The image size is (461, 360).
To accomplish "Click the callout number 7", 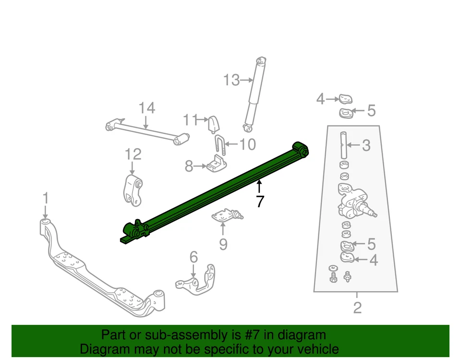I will pos(260,202).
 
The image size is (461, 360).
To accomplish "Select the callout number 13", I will pos(231,80).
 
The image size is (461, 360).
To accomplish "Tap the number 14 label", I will pos(147,108).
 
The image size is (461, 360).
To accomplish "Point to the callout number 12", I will pos(133,154).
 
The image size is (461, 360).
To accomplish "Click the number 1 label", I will pos(45,198).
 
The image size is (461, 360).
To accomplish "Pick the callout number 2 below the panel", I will pos(357,307).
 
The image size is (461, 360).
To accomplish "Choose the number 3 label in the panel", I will pos(366,145).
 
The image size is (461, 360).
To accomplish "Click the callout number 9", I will pos(223,245).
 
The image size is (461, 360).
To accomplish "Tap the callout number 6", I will pos(193,257).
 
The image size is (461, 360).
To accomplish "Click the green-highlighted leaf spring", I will pos(216,192).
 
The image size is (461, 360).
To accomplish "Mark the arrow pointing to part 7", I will pos(259,185).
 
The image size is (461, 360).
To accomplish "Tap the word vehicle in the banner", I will pos(315,349).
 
